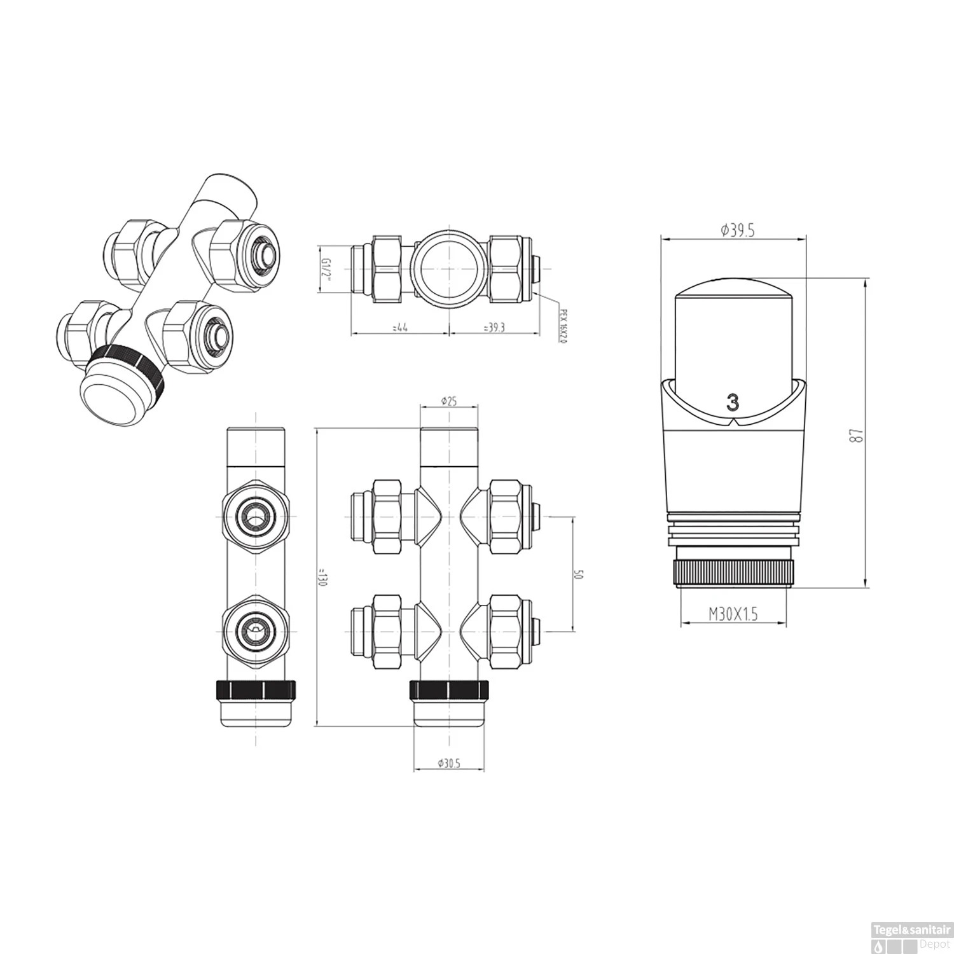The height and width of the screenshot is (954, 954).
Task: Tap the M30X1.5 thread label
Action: (x=733, y=614)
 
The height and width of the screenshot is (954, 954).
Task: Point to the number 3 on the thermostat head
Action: (x=733, y=403)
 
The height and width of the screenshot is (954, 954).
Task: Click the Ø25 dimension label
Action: (x=450, y=401)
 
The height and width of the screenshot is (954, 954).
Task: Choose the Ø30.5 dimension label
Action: (x=449, y=764)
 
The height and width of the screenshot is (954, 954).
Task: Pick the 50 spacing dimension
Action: (x=578, y=574)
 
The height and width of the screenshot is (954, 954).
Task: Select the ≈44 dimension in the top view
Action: (x=400, y=328)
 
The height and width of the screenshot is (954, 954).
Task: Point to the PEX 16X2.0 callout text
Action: (x=562, y=326)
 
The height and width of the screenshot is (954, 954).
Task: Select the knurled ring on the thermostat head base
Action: (x=733, y=572)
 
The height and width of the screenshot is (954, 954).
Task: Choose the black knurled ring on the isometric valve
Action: (x=127, y=368)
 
